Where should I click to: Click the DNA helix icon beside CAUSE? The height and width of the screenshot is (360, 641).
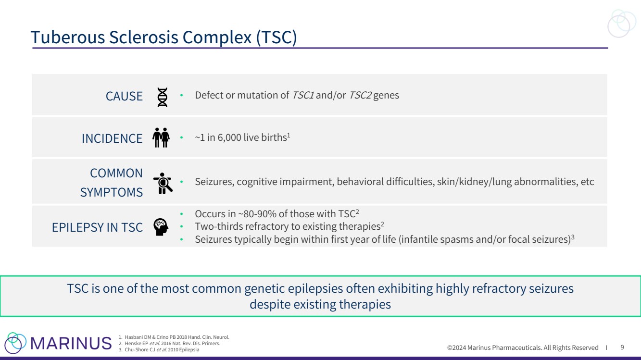(162, 97)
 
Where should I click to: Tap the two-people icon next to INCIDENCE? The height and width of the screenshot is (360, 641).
(161, 137)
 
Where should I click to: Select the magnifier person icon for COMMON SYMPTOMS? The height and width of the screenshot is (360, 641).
(163, 183)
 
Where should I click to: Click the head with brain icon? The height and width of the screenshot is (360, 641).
(161, 227)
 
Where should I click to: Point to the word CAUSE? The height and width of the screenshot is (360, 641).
(124, 96)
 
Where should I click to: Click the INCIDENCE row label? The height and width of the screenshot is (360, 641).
(112, 139)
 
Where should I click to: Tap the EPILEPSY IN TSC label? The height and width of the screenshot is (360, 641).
(97, 228)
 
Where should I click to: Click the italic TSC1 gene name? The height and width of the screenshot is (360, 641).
(303, 95)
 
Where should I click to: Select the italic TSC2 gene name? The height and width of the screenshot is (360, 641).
(360, 95)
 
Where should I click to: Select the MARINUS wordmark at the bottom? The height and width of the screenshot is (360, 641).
(71, 343)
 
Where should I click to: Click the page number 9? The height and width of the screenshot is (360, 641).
(622, 347)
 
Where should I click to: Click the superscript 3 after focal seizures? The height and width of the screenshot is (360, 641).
(573, 237)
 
